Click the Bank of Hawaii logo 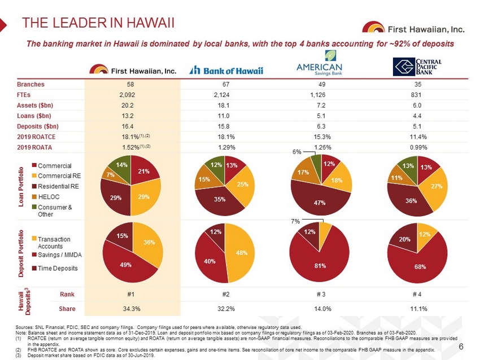point(226,71)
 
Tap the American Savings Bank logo point(320,63)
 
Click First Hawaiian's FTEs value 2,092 point(131,95)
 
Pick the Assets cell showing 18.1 point(226,105)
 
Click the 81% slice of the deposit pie point(320,261)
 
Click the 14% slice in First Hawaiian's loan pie point(121,165)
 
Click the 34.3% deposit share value point(131,309)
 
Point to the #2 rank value point(226,293)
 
